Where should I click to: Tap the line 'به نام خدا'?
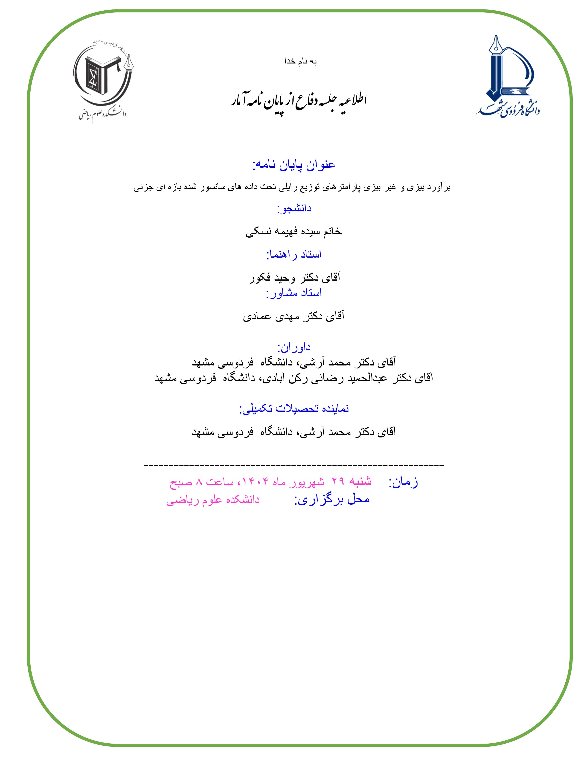pos(300,61)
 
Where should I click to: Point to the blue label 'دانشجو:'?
pos(294,209)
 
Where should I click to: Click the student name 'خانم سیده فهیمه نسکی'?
pos(294,232)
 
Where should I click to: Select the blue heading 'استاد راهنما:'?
pos(294,255)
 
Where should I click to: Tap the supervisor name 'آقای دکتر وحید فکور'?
pos(294,278)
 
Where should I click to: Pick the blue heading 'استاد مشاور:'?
pos(294,293)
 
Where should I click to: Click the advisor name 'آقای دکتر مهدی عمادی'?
pos(294,316)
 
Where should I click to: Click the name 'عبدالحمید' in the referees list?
pos(369,378)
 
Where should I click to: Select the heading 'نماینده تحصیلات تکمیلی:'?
pos(294,408)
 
